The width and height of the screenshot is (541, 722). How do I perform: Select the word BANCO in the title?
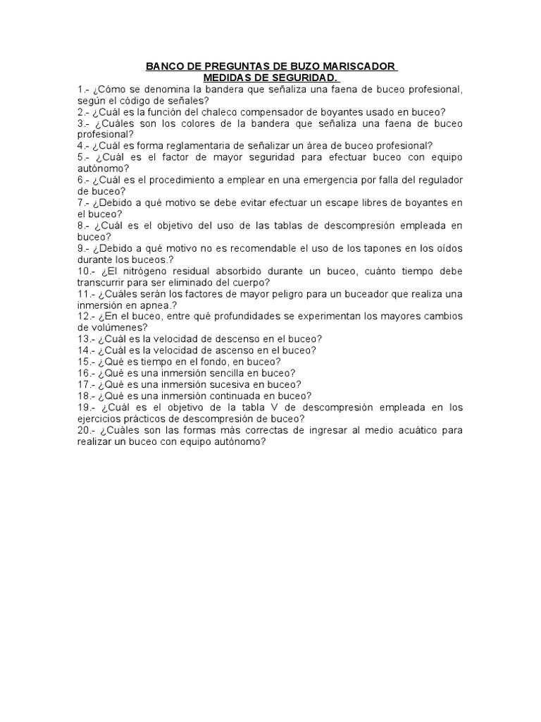(163, 67)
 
